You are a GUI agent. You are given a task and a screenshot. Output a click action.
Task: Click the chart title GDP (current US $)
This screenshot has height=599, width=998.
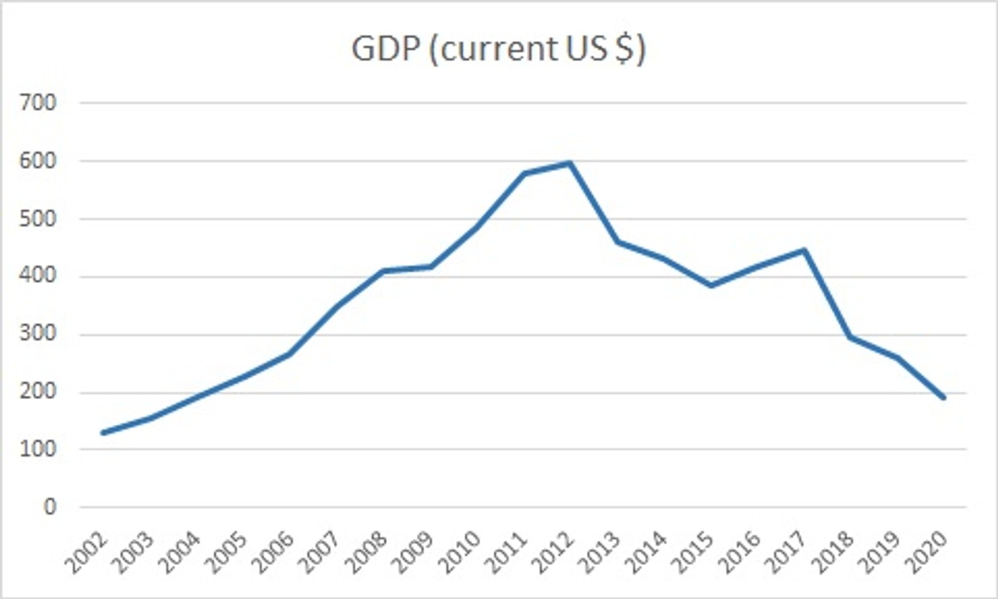pos(498,49)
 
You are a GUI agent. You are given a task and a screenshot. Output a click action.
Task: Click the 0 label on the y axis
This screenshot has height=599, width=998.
pos(49,507)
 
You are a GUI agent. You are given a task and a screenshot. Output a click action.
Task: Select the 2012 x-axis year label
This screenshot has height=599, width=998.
pos(555,553)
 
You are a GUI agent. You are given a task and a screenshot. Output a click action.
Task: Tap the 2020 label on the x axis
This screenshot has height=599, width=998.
pos(929,553)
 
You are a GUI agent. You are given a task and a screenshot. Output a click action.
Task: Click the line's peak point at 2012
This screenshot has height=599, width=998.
pos(570,163)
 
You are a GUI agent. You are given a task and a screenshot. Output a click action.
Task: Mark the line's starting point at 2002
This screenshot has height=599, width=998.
pos(102,433)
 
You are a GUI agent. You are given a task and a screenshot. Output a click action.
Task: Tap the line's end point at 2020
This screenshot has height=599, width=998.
pos(944,397)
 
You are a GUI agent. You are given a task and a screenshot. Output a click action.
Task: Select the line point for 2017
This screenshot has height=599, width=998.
pos(804,251)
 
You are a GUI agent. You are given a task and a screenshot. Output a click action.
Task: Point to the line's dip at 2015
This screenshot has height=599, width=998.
pos(710,285)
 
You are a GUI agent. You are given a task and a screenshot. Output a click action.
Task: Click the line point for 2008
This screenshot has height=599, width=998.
pos(383,271)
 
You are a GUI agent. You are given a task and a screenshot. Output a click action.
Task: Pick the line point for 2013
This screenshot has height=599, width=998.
pos(617,242)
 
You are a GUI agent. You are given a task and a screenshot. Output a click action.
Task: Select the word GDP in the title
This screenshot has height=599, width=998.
pos(385,49)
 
